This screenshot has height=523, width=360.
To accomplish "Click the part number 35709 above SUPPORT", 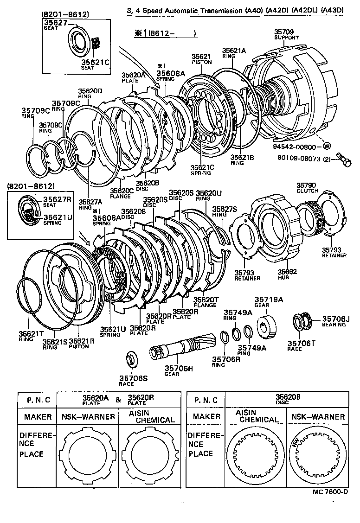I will [x=283, y=32].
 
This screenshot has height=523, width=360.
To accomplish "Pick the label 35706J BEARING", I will [x=336, y=321].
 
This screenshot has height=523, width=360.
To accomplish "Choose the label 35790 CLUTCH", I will [x=307, y=187].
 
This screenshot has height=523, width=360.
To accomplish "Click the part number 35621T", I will [x=31, y=333].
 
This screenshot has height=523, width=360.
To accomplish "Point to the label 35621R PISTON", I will [x=82, y=344].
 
